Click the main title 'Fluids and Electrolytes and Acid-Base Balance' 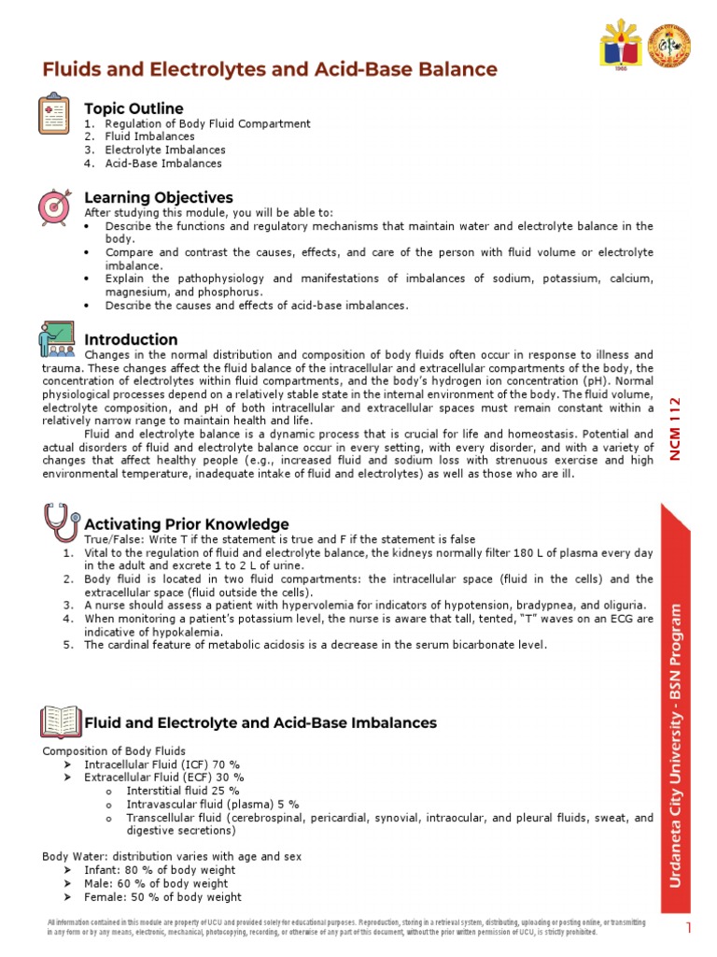(270, 70)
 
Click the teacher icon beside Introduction (57, 338)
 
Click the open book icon (61, 722)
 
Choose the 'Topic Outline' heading (134, 108)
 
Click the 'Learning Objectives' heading (159, 198)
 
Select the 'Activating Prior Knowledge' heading (187, 524)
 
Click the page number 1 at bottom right (688, 927)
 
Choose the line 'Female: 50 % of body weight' (162, 896)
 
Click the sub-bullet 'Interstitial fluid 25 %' (170, 790)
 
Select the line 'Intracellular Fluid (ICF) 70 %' (164, 764)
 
